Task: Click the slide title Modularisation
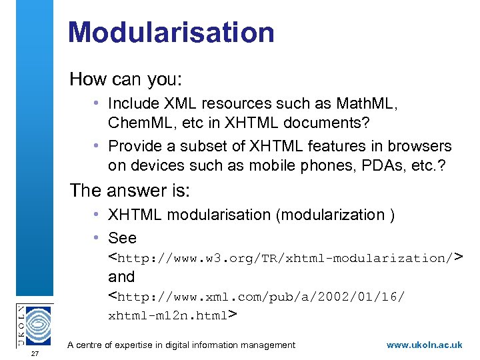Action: pyautogui.click(x=171, y=32)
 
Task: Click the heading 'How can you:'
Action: pyautogui.click(x=125, y=79)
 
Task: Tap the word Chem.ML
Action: pyautogui.click(x=141, y=123)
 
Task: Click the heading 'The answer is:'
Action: pyautogui.click(x=130, y=191)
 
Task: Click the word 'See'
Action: pyautogui.click(x=122, y=238)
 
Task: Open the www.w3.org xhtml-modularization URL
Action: pyautogui.click(x=285, y=258)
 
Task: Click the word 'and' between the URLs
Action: pyautogui.click(x=121, y=277)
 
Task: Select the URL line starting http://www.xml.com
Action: pyautogui.click(x=256, y=296)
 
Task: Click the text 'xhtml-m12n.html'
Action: pyautogui.click(x=168, y=315)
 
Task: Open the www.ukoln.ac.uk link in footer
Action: pyautogui.click(x=424, y=345)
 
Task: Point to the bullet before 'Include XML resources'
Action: pyautogui.click(x=97, y=104)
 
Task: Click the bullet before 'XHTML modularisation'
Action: pyautogui.click(x=97, y=215)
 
